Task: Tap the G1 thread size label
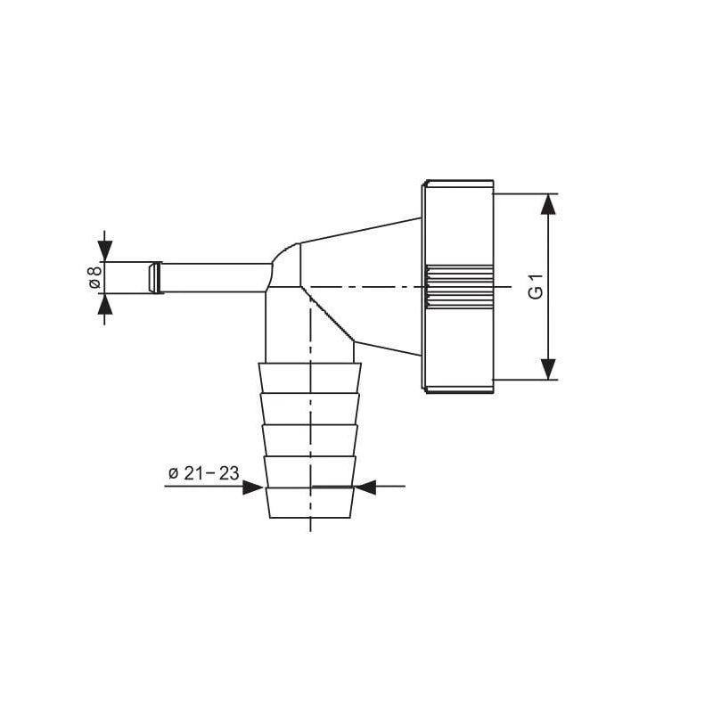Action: point(535,288)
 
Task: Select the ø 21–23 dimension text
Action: point(203,474)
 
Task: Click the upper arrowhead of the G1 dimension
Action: point(548,204)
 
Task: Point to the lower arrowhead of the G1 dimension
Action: point(548,369)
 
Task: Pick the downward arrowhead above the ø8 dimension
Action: point(105,250)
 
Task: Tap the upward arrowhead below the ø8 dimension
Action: point(105,305)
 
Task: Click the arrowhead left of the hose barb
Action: point(252,487)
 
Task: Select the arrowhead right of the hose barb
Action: point(365,487)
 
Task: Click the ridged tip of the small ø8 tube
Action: point(155,277)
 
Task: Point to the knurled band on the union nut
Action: point(458,287)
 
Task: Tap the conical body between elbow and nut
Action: point(365,267)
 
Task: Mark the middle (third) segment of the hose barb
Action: point(310,438)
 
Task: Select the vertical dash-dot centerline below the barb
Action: point(310,525)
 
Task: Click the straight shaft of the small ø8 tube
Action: point(214,277)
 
